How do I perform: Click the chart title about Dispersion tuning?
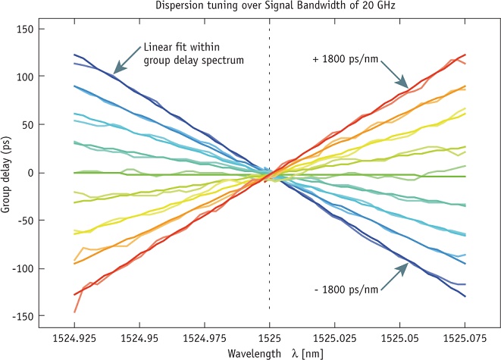[x=269, y=8]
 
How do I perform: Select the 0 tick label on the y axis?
[x=32, y=172]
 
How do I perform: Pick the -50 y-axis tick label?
[x=27, y=220]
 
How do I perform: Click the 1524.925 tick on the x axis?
[x=74, y=333]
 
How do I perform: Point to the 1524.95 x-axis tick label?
[x=139, y=333]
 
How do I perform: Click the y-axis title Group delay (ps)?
[x=8, y=172]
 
